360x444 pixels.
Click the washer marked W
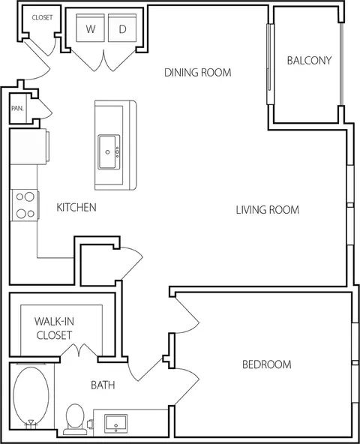(90, 28)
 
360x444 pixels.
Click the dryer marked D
(122, 28)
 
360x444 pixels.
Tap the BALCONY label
(309, 60)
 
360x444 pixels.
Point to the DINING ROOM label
(198, 73)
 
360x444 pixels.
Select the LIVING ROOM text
(268, 210)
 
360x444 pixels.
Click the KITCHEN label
(76, 207)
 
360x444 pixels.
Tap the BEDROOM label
(267, 364)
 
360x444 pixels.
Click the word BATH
(103, 385)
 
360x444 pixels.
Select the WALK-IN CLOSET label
(54, 328)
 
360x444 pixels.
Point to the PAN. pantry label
(17, 109)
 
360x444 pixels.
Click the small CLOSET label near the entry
(42, 17)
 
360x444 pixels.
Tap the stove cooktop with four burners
(25, 205)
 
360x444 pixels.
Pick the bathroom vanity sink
(115, 424)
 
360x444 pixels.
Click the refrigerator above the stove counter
(29, 146)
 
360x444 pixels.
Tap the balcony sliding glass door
(271, 64)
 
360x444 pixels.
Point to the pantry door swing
(45, 109)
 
